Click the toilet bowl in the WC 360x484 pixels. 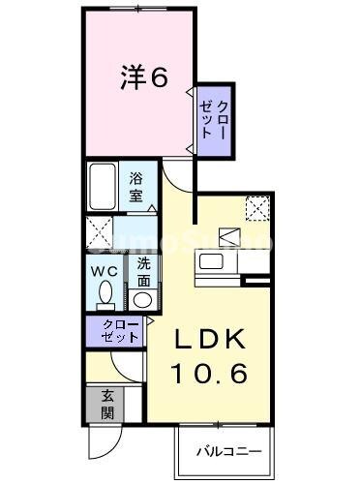pos(105,293)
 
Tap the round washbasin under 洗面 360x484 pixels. pos(142,299)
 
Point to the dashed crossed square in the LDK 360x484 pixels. pos(256,207)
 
